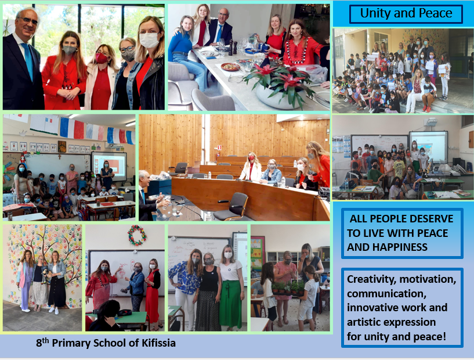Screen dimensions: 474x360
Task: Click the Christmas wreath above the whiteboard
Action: click(x=137, y=235)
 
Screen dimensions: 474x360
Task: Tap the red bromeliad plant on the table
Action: click(x=278, y=80)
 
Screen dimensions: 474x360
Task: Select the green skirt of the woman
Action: click(x=230, y=304)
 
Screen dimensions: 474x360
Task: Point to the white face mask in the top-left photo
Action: click(x=149, y=40)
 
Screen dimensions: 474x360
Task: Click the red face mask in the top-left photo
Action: click(x=102, y=58)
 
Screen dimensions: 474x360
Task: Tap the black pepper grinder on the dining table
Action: click(x=230, y=48)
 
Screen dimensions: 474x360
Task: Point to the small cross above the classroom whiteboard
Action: click(x=60, y=156)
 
